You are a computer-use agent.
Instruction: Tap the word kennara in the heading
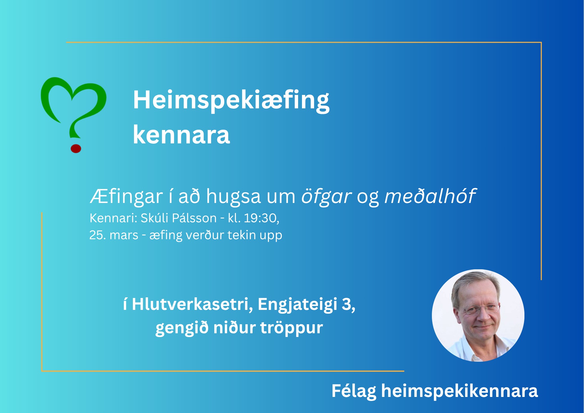(181, 135)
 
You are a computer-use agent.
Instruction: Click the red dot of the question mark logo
(76, 148)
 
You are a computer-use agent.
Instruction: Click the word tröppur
(292, 328)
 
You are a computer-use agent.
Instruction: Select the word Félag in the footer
(354, 391)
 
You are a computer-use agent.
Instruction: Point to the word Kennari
(113, 218)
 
